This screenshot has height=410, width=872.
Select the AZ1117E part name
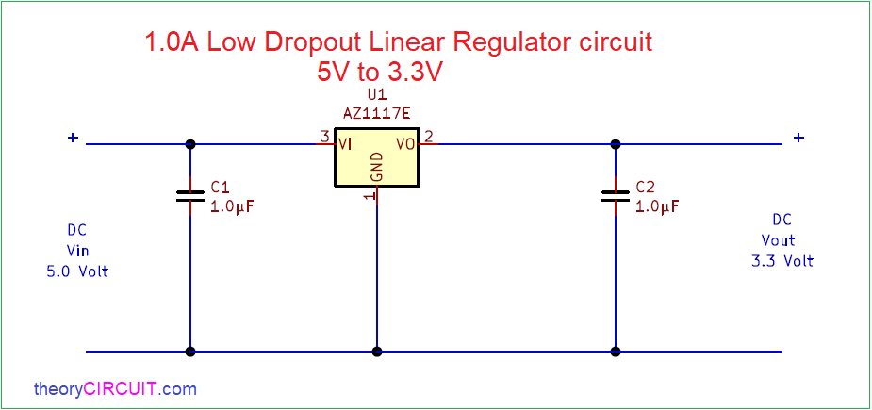click(377, 114)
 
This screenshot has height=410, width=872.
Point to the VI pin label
click(345, 144)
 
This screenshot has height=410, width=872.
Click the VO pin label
click(404, 144)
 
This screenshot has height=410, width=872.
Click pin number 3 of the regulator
click(325, 137)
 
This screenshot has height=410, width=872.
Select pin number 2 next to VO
click(429, 137)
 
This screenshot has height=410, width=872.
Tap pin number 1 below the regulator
click(368, 196)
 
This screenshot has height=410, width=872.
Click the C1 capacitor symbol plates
click(190, 195)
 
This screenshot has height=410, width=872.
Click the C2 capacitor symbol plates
click(615, 195)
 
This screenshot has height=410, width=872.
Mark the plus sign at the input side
click(73, 138)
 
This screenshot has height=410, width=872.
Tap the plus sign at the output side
click(798, 138)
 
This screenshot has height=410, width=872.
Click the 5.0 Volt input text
click(78, 272)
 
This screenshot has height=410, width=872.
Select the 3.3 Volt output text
click(782, 261)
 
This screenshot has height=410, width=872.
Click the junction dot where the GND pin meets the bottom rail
click(377, 352)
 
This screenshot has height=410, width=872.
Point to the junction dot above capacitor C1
click(190, 144)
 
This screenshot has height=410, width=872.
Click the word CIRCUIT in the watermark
click(121, 389)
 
